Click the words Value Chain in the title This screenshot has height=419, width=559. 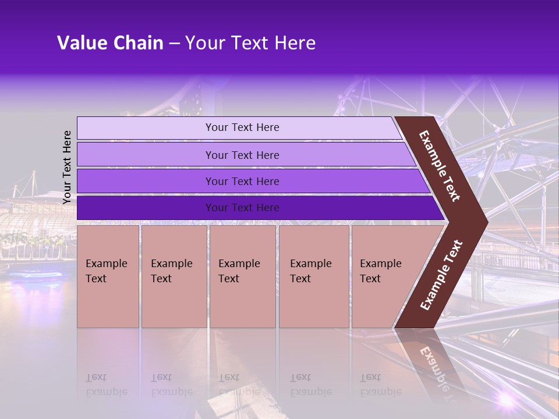click(x=110, y=43)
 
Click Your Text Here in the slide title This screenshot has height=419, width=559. click(x=250, y=43)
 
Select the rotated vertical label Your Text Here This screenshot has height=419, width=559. click(x=67, y=167)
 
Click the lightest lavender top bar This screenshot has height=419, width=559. click(x=146, y=127)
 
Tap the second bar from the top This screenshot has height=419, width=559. click(x=146, y=155)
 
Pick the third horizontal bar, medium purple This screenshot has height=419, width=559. click(x=146, y=181)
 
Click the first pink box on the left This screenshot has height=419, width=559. click(x=108, y=276)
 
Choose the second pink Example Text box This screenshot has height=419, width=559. click(x=174, y=276)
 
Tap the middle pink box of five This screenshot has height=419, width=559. click(x=242, y=276)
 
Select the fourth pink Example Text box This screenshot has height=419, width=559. click(x=314, y=276)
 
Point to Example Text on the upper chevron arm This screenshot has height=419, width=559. click(x=440, y=166)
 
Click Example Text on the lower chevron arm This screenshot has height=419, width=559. click(x=441, y=275)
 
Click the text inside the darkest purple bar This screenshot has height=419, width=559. click(x=242, y=208)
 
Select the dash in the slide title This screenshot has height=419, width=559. click(x=174, y=43)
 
